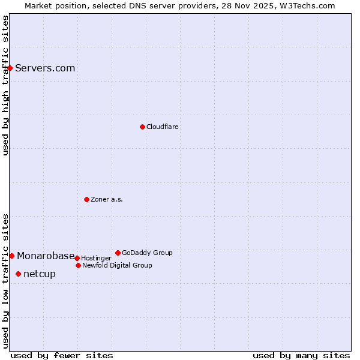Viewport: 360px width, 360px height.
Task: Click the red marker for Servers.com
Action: [10, 68]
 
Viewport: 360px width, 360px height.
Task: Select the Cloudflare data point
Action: [142, 127]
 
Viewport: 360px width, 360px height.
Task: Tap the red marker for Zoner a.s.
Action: [86, 199]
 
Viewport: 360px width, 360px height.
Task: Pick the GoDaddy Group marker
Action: [118, 253]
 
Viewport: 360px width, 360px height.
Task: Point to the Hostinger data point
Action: [77, 258]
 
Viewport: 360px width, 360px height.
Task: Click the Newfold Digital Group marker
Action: [78, 265]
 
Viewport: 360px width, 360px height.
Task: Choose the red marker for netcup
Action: [18, 274]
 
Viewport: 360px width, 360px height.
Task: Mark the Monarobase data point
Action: [11, 256]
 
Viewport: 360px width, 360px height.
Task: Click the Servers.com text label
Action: [45, 68]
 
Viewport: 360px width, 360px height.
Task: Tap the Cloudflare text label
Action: [162, 127]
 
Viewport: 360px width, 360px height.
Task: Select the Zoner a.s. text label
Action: [107, 199]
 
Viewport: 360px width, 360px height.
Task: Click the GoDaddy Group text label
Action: [147, 253]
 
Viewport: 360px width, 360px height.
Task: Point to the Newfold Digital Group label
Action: [117, 265]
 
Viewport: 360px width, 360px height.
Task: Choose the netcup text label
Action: [40, 274]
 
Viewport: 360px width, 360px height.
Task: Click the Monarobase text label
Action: [46, 256]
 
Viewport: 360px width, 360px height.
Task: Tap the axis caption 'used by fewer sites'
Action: [62, 355]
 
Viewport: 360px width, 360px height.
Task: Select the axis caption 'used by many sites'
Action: [301, 355]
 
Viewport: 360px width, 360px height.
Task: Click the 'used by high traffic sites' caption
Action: [5, 85]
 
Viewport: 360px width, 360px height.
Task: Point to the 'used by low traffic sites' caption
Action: [5, 281]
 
